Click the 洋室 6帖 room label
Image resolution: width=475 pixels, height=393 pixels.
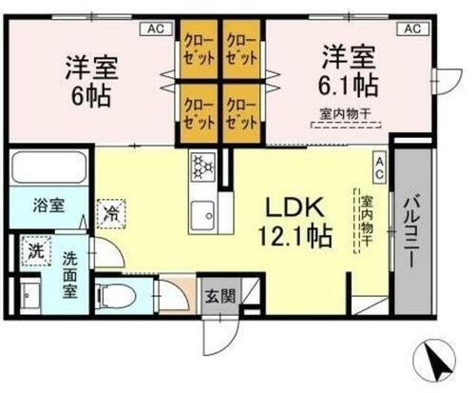click(90, 82)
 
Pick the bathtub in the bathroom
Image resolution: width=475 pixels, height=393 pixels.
click(48, 171)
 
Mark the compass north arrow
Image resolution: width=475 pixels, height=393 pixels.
click(437, 364)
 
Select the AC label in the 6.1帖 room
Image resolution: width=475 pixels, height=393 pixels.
click(411, 29)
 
